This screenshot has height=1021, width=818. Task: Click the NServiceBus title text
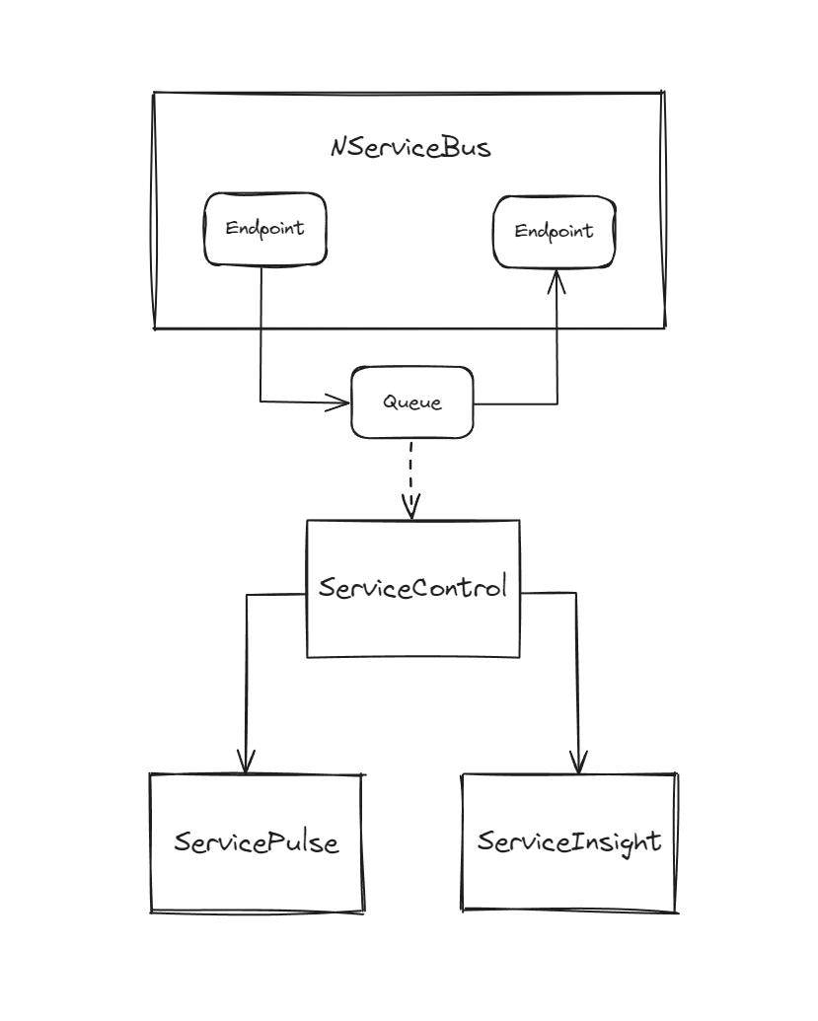410,148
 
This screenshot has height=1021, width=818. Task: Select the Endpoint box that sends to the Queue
264,229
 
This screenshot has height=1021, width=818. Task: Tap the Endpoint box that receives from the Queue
554,231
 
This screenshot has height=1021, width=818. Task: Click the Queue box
412,402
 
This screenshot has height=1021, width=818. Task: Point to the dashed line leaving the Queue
411,474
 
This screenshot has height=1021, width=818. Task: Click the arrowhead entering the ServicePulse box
245,762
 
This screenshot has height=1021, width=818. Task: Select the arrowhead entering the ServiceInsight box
579,762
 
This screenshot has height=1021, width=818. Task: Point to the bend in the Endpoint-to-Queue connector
261,401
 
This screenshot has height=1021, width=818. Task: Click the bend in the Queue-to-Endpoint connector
557,402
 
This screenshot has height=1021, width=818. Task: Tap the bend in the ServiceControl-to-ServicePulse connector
246,595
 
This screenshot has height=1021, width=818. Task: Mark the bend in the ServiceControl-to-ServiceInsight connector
577,594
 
